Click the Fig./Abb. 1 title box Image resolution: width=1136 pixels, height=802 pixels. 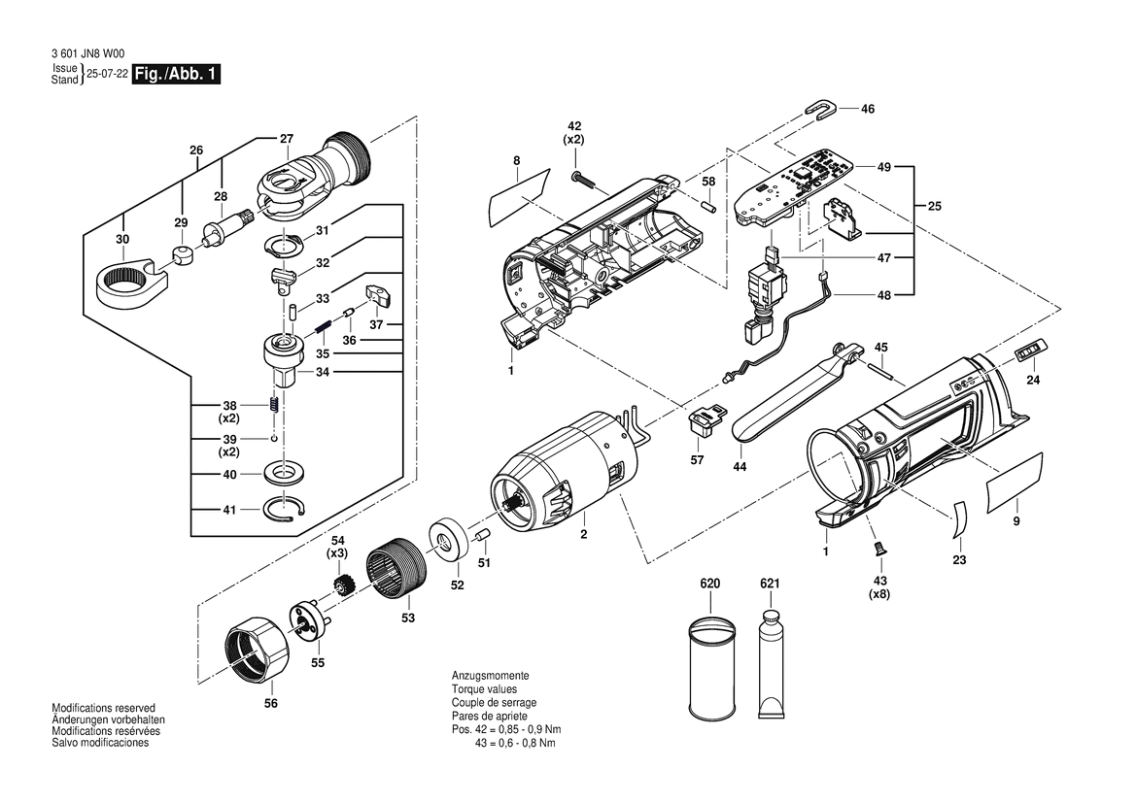point(175,74)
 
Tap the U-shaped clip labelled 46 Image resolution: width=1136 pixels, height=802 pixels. point(821,109)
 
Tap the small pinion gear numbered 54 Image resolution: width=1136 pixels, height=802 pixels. point(343,584)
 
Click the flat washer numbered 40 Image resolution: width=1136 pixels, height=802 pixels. point(284,474)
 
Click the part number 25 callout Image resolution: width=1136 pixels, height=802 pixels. point(935,206)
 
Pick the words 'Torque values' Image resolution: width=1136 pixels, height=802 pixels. point(485,689)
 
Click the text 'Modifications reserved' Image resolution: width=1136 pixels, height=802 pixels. point(104,708)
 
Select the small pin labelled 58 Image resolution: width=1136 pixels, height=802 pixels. point(708,205)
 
